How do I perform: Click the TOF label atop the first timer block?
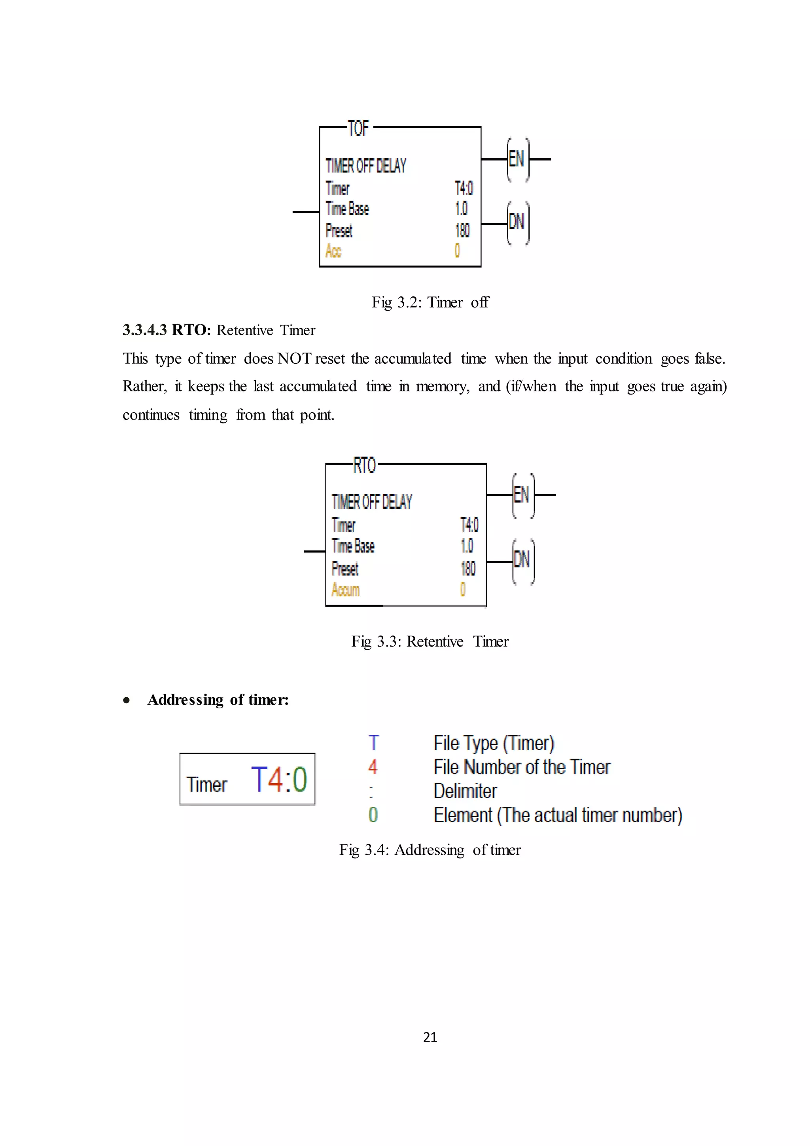coord(358,128)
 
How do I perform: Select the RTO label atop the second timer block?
coord(364,465)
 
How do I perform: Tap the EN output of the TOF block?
coord(517,159)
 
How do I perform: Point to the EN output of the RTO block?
coord(521,495)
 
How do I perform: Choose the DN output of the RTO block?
coord(522,560)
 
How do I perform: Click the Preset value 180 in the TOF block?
coord(462,231)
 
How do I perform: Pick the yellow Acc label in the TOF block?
coord(333,250)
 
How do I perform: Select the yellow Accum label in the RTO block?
coord(346,590)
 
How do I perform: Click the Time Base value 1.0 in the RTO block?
coord(466,546)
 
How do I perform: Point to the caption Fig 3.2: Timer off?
coord(430,302)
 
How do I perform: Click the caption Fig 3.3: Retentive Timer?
coord(430,641)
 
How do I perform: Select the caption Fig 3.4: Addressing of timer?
coord(430,850)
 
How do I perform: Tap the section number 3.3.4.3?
coord(145,330)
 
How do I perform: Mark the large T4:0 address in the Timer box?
coord(279,780)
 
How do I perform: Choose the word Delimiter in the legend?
coord(465,791)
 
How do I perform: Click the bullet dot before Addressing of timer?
coord(127,700)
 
